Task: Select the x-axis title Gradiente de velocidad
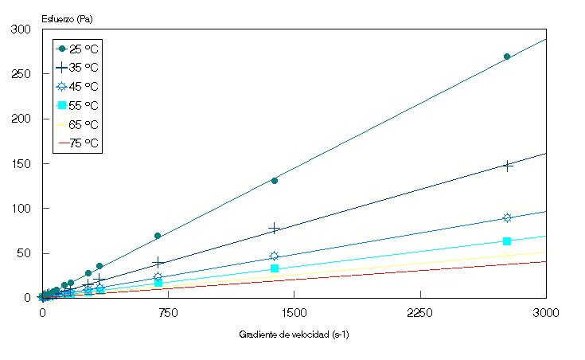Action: pos(294,335)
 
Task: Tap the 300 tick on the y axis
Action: pos(21,29)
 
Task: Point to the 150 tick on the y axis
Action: pos(21,164)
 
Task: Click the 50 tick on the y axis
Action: pos(24,253)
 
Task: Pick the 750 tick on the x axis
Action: pos(168,313)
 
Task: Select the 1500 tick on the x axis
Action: pos(294,313)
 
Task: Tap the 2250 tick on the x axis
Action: pos(420,313)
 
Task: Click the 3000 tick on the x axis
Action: pos(546,313)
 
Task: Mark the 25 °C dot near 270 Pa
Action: pos(507,57)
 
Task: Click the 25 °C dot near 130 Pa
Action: pos(275,181)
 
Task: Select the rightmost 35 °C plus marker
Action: pos(507,166)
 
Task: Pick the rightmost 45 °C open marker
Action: pos(507,217)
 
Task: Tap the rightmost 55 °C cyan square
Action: pos(507,241)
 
